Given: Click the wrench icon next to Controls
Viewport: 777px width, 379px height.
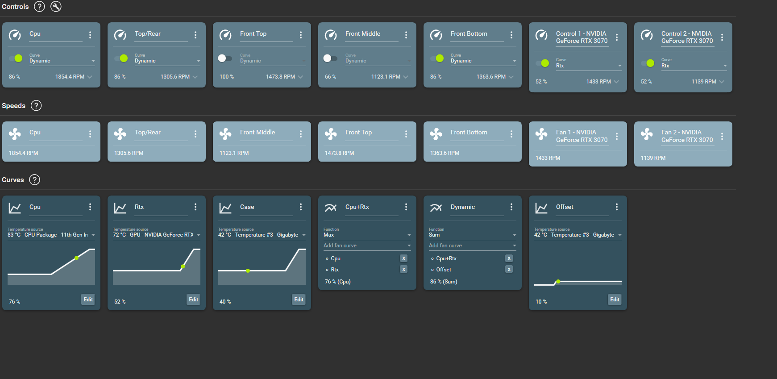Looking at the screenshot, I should [x=56, y=7].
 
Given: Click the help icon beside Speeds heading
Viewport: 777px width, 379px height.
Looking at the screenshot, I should [x=36, y=106].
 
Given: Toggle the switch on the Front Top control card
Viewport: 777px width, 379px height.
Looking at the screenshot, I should [x=225, y=58].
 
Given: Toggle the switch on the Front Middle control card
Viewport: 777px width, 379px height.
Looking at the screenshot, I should [x=330, y=58].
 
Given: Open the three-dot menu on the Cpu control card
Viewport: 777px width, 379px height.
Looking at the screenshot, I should [x=90, y=35].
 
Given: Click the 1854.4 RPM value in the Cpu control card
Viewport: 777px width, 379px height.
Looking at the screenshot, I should [x=70, y=77].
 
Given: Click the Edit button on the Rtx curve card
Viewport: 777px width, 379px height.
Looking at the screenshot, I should [x=193, y=300].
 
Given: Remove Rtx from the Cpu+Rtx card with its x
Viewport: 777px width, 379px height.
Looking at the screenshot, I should [x=403, y=269].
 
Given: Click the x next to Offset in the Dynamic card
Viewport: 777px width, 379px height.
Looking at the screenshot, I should [x=509, y=269].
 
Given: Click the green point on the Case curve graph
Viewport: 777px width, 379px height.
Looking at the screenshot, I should [x=248, y=271].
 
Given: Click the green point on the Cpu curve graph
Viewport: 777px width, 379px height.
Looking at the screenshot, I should [x=77, y=258].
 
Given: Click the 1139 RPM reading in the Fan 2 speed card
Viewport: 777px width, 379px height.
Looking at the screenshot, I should [x=653, y=158].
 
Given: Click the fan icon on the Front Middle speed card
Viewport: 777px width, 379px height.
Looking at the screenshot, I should [x=225, y=133].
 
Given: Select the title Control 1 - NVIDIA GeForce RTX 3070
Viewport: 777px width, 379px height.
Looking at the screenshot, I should [x=582, y=37].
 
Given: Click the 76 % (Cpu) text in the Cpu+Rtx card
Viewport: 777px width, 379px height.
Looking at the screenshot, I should [x=338, y=282].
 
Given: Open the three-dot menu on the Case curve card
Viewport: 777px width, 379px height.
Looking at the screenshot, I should [x=301, y=207].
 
